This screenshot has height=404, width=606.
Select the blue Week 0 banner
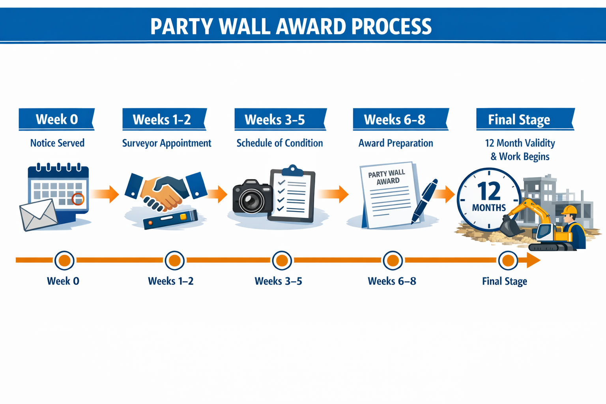coord(56,119)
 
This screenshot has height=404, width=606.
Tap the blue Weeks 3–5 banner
coord(280,119)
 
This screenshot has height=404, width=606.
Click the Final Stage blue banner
coord(524,119)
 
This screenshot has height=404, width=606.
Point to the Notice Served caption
coord(57,143)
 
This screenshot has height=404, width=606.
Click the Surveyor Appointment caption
coord(166,143)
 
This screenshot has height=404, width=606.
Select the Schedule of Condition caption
coord(279,143)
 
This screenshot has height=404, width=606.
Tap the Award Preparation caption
coord(395,143)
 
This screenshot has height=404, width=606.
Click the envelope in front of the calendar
coord(38,215)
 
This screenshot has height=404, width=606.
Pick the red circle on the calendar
coord(78,199)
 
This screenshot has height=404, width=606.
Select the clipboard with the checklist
coord(292,195)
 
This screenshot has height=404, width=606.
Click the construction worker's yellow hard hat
coord(569,210)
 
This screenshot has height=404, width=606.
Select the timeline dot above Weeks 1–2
coord(174,260)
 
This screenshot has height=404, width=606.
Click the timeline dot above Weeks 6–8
coord(393,260)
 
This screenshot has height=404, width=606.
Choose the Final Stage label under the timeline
coord(504,281)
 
